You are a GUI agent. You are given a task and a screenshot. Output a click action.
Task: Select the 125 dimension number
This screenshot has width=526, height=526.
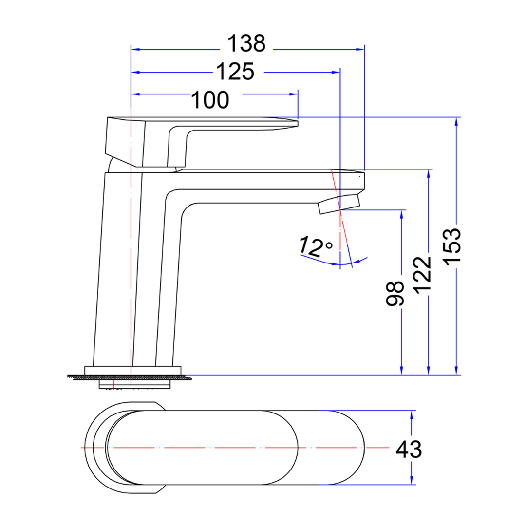[235, 72]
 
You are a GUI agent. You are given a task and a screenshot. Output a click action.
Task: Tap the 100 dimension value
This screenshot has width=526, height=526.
[209, 100]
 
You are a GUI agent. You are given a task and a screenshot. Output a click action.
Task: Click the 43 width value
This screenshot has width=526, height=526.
[409, 449]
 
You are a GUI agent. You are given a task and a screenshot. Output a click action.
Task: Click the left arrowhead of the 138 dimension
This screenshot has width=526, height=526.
[136, 49]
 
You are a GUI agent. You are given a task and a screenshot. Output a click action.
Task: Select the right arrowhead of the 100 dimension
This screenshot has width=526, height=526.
[293, 94]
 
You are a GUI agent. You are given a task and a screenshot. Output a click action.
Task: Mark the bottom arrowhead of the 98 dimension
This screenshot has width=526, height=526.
[401, 371]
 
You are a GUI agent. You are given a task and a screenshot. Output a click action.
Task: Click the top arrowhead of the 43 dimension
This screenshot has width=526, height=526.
[412, 415]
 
